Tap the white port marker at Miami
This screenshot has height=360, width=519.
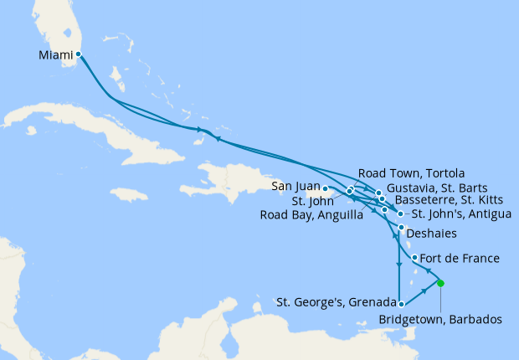tap(78, 55)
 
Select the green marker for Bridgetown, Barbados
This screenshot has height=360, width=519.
tap(441, 283)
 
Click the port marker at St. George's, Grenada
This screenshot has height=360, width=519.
tap(402, 304)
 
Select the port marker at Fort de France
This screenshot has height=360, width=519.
tap(415, 257)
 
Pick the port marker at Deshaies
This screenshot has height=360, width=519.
tap(402, 228)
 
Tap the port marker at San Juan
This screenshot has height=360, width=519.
tap(325, 189)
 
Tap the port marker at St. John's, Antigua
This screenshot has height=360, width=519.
tap(400, 214)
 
